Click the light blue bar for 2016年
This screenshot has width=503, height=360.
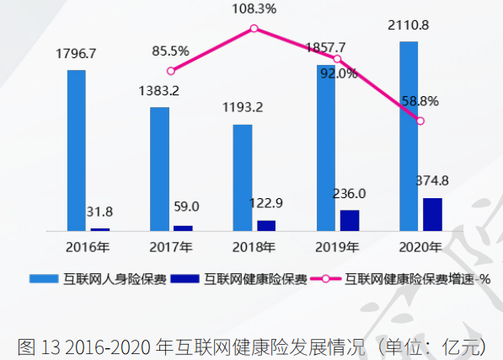pos(76,150)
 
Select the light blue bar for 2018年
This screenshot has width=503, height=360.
pos(243,177)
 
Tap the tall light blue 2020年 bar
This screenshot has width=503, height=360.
pos(409,135)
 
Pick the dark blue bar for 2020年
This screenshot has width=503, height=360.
pos(432,214)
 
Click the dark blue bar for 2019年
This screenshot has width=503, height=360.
pos(350,220)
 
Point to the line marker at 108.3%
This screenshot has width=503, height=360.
pos(254,29)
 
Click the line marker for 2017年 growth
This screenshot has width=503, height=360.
pos(171,72)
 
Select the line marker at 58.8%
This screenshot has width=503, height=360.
pos(420,121)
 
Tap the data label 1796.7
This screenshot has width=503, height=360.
pos(76,53)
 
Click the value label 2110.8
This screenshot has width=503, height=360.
pos(409,25)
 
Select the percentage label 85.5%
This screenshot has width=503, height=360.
pos(172,51)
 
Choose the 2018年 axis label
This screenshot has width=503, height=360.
pos(254,248)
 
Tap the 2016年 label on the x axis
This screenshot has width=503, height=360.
pos(88,248)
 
